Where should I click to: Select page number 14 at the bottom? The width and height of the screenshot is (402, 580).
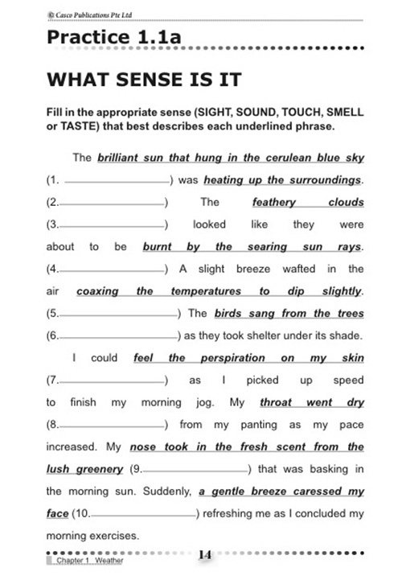pyautogui.click(x=205, y=554)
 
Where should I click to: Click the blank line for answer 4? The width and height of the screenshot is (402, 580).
pyautogui.click(x=112, y=269)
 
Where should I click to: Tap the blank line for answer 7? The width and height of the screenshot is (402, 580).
pyautogui.click(x=112, y=380)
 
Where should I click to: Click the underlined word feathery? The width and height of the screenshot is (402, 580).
pyautogui.click(x=273, y=202)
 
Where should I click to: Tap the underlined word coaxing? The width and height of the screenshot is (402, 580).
pyautogui.click(x=97, y=291)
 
